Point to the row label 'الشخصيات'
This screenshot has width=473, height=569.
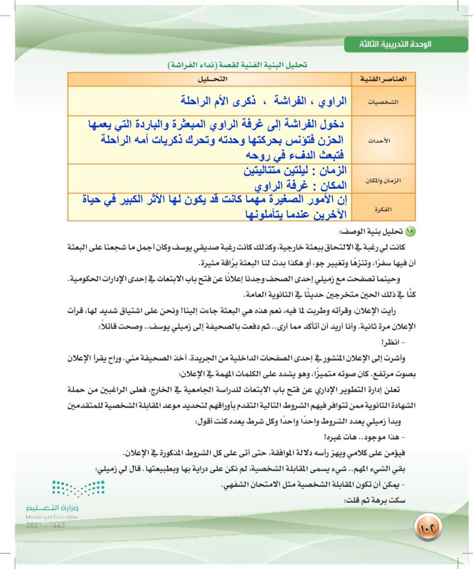click(387, 102)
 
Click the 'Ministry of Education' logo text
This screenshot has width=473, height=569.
click(53, 516)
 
